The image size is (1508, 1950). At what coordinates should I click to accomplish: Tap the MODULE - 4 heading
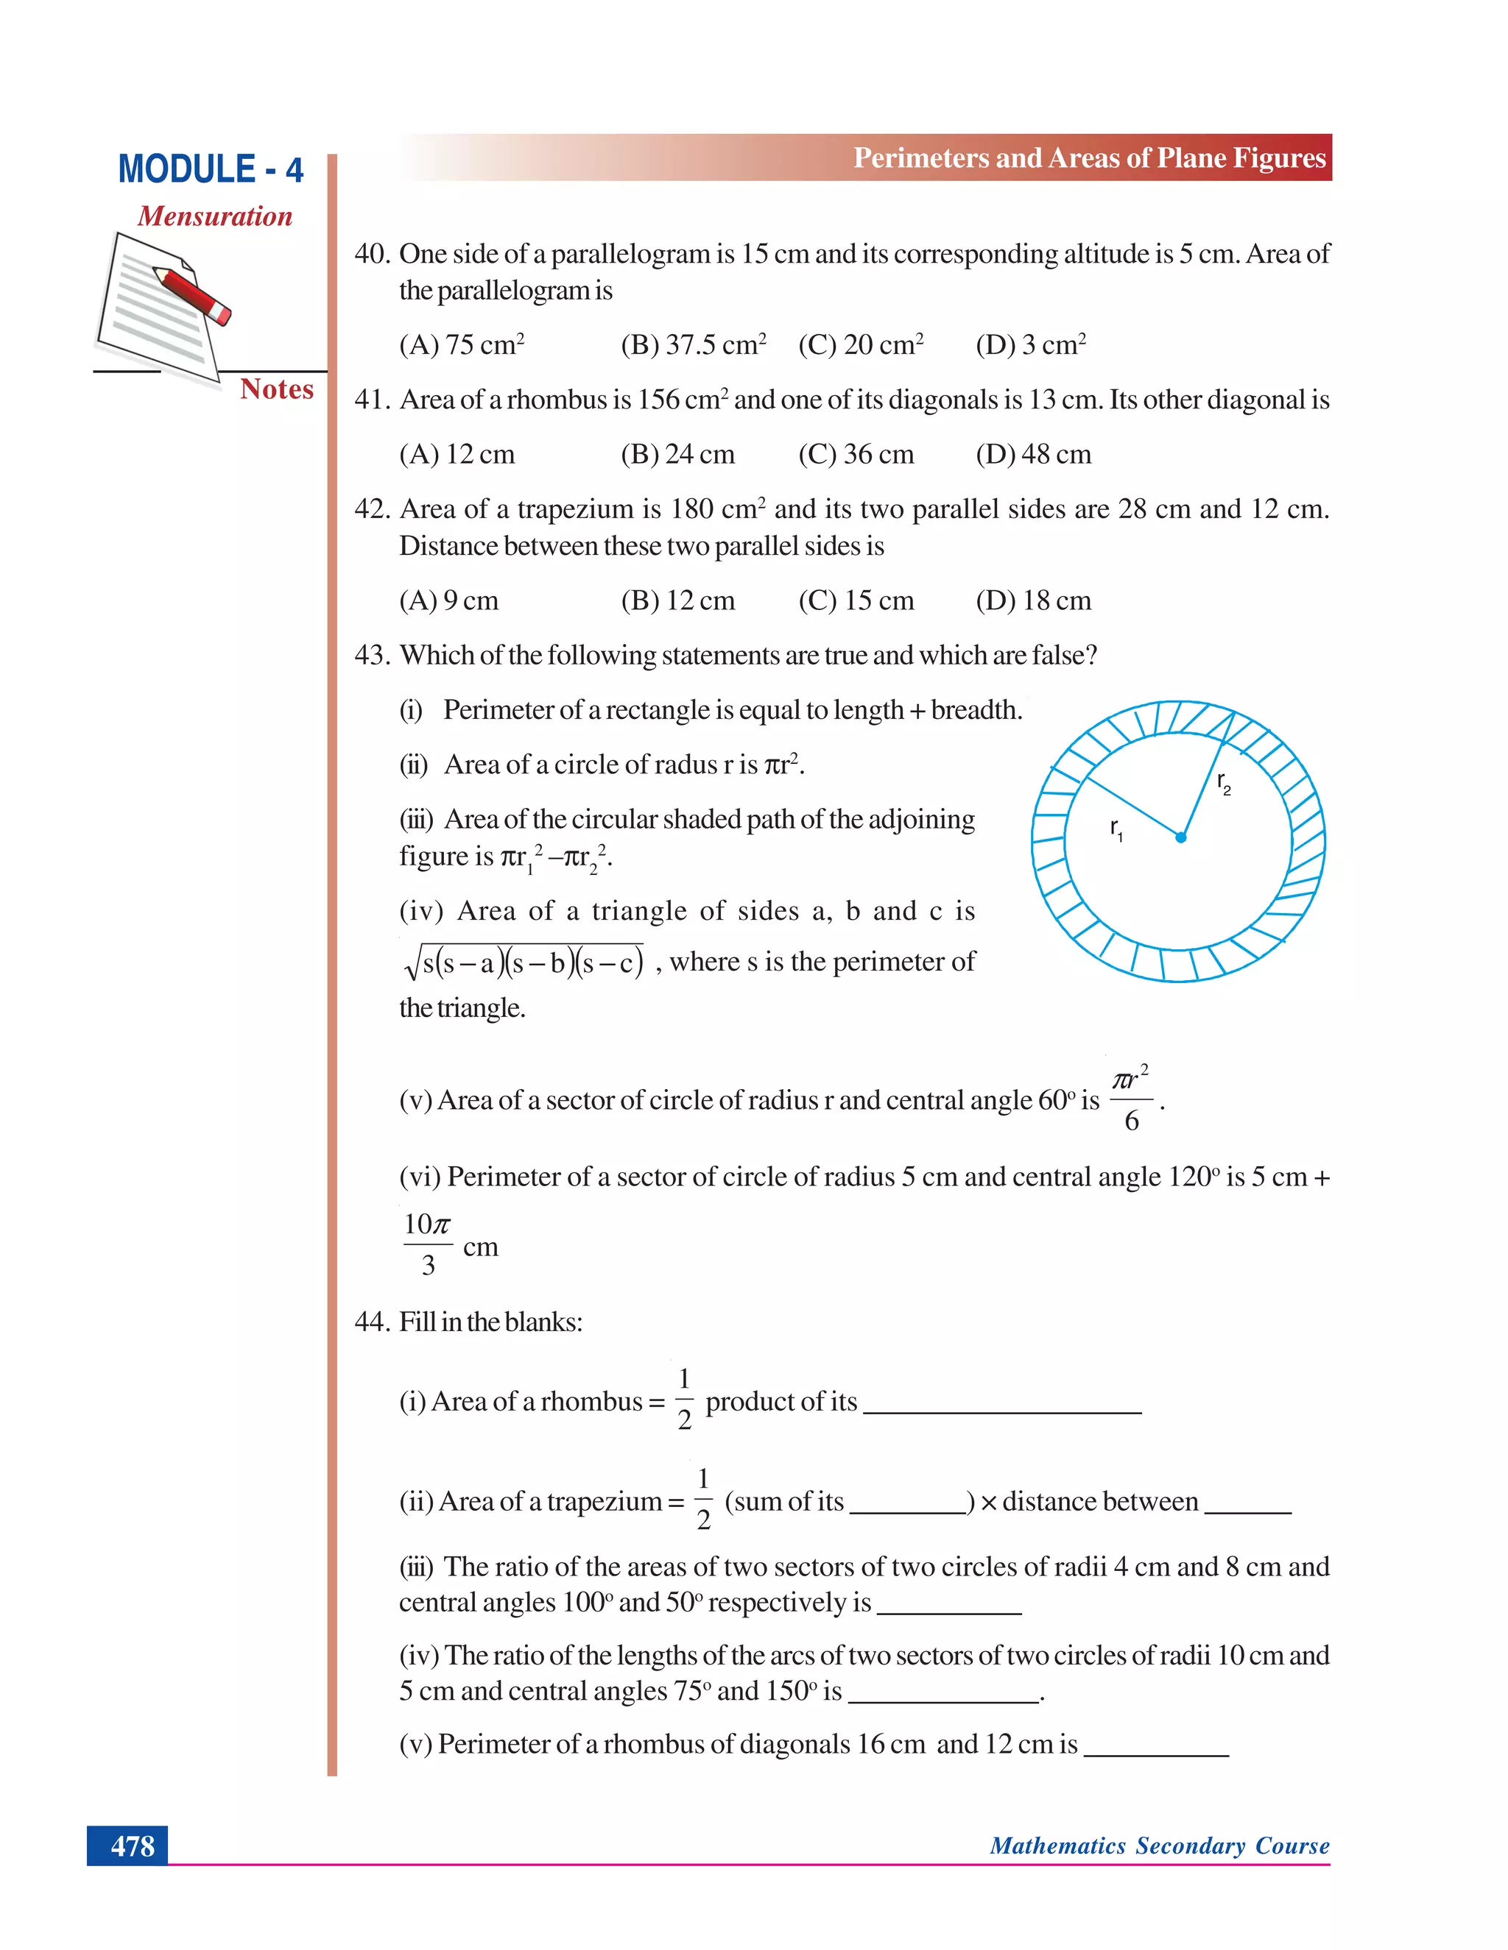[211, 170]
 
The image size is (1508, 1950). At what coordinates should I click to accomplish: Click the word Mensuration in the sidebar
[214, 216]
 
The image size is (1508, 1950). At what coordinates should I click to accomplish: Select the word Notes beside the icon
[276, 389]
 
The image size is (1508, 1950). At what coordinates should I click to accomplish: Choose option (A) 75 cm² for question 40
[461, 344]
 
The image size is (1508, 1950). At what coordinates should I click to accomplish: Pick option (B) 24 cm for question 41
[677, 455]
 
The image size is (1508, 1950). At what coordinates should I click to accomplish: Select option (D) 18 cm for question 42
[1033, 601]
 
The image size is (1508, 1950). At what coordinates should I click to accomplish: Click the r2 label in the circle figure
[1223, 783]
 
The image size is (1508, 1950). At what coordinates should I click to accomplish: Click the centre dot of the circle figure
[1180, 837]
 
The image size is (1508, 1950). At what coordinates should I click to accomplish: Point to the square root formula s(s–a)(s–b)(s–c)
[524, 962]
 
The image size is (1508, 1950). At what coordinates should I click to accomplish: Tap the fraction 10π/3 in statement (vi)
[428, 1244]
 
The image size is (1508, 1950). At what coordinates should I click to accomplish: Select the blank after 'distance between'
[1247, 1509]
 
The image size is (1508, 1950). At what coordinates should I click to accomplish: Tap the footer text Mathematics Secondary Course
[1159, 1846]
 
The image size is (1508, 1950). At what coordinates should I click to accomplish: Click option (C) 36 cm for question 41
[856, 455]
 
